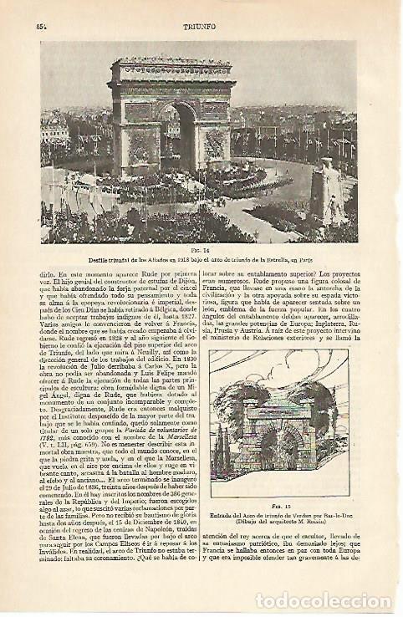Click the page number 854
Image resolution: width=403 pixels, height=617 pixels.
pyautogui.click(x=42, y=26)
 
